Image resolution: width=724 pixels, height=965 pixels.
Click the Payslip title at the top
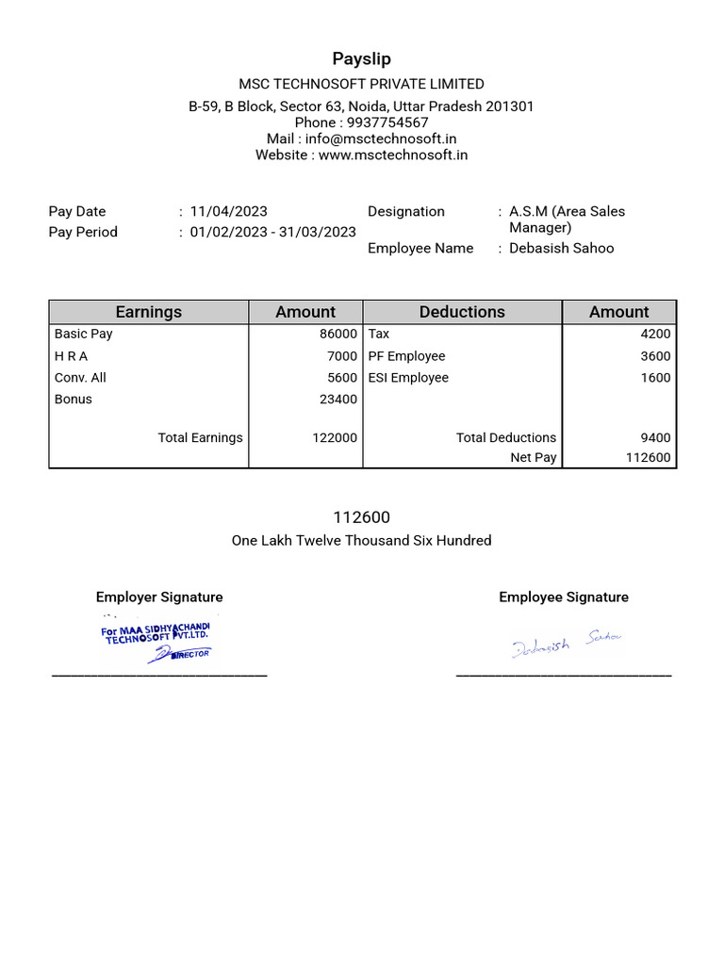[x=361, y=59]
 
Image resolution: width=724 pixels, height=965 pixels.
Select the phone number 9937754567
[x=388, y=123]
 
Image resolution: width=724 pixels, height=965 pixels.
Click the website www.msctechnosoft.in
[x=393, y=155]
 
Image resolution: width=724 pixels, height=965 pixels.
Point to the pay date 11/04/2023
[x=228, y=211]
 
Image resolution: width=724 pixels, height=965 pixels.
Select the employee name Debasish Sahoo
[x=561, y=248]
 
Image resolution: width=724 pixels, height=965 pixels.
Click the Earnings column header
[x=148, y=312]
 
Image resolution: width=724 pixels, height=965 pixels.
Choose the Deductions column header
[x=462, y=312]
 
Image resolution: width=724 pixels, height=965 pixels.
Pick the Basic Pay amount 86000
[x=338, y=334]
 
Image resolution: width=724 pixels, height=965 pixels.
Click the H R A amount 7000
[x=342, y=356]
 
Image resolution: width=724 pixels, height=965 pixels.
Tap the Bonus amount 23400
[x=338, y=399]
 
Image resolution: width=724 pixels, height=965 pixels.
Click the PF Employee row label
[x=406, y=356]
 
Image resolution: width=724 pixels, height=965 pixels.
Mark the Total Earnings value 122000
[x=335, y=437]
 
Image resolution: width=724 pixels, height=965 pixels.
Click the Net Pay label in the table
[x=533, y=458]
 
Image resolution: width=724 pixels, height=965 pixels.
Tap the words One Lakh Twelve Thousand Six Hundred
[x=361, y=540]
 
